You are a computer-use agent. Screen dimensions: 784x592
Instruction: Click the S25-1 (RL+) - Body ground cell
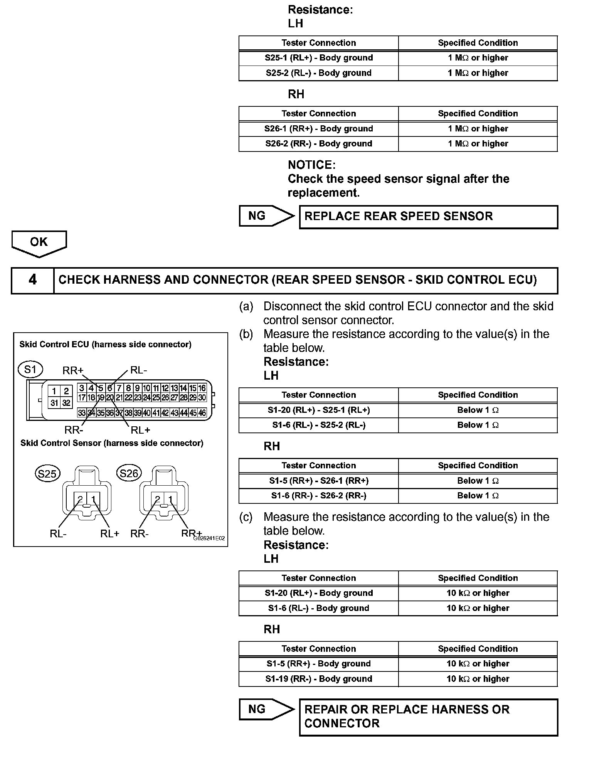tap(318, 58)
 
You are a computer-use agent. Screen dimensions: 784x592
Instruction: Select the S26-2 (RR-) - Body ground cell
tap(318, 144)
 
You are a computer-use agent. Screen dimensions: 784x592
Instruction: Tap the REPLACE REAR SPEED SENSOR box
tap(428, 217)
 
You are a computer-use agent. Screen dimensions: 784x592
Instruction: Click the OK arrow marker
tap(39, 243)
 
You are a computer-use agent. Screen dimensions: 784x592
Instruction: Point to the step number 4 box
tap(32, 280)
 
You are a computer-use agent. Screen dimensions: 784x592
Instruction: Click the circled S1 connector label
tap(30, 370)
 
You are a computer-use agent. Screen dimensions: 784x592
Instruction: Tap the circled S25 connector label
tap(47, 473)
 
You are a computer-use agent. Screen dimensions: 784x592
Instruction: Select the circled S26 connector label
tap(129, 473)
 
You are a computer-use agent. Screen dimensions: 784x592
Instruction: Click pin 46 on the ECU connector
tap(202, 413)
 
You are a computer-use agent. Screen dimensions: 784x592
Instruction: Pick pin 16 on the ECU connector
tap(202, 388)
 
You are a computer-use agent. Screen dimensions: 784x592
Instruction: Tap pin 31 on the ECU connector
tap(54, 403)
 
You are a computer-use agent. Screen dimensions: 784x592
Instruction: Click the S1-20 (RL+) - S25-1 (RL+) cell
tap(318, 410)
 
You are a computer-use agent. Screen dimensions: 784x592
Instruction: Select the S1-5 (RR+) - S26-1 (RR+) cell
tap(318, 481)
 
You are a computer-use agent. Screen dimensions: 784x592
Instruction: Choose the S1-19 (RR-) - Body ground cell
tap(318, 679)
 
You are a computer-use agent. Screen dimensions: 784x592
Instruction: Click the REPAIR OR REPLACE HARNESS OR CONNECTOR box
tap(428, 717)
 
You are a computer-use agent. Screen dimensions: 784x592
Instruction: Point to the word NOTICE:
tap(311, 165)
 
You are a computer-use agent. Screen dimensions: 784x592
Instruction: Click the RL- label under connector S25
tap(58, 534)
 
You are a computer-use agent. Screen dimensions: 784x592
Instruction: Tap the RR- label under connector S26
tap(139, 534)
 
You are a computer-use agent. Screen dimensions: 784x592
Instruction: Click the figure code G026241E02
tap(209, 538)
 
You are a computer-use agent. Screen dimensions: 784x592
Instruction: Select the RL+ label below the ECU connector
tap(140, 430)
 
